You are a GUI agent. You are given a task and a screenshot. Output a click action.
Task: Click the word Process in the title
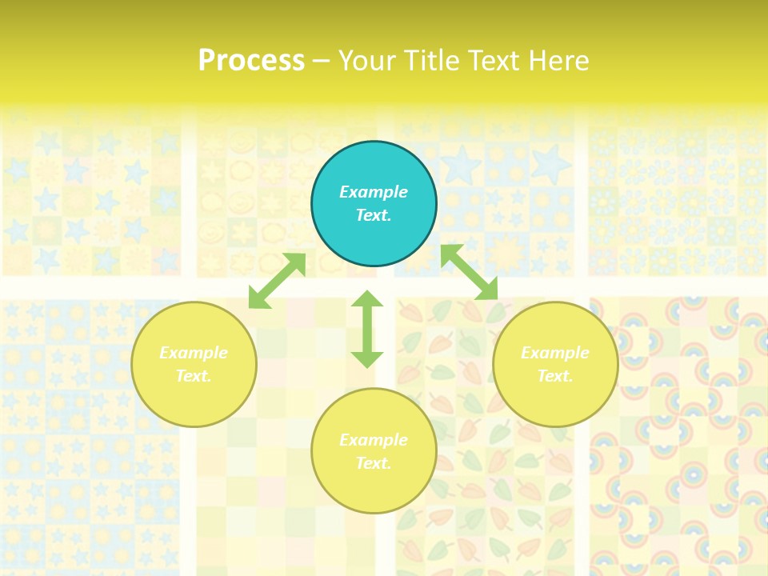coord(251,61)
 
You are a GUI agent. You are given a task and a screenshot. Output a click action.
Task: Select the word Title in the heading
coord(434,61)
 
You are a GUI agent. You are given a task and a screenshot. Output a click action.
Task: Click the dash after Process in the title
coord(321,62)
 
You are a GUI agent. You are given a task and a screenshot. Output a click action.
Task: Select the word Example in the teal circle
coord(374,192)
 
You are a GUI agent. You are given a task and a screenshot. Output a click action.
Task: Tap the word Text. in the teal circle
coord(374,215)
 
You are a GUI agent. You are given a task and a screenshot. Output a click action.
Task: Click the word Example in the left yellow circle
coord(194,353)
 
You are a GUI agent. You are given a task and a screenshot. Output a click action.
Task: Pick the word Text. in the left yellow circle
coord(194,376)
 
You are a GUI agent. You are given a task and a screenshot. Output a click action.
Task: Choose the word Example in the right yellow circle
coord(555,353)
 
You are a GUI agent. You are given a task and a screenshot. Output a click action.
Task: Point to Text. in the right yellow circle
coord(555,376)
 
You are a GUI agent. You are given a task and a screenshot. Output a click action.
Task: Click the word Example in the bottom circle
coord(374,440)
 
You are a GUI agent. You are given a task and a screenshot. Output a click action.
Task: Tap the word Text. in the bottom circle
coord(374,463)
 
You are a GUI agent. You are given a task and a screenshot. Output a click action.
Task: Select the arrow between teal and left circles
coord(277,281)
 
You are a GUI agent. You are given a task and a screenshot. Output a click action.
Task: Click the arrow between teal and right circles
coord(470,272)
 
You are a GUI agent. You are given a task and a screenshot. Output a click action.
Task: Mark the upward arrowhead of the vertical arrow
coord(367,298)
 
